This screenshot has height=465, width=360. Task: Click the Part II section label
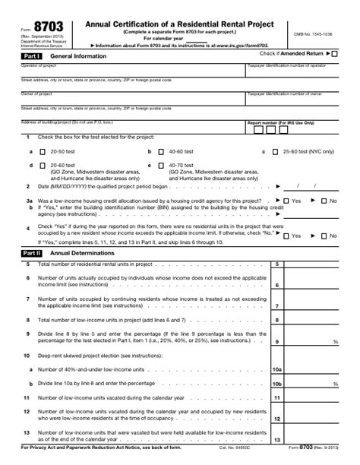[x=32, y=252]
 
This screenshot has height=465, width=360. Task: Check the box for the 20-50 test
[x=43, y=151]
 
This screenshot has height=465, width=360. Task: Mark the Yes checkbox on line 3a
[x=286, y=201]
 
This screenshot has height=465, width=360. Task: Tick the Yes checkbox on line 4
[x=286, y=236]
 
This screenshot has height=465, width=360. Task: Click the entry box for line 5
[x=312, y=264]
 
